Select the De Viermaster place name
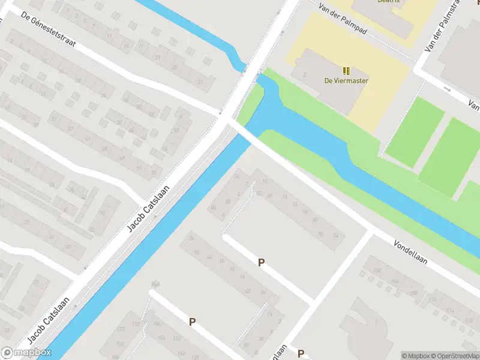point(346,80)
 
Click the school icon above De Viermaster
point(346,70)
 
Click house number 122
point(136,324)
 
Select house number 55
point(154,173)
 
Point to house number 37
point(70,128)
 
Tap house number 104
point(394,281)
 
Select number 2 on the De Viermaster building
point(305,74)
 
